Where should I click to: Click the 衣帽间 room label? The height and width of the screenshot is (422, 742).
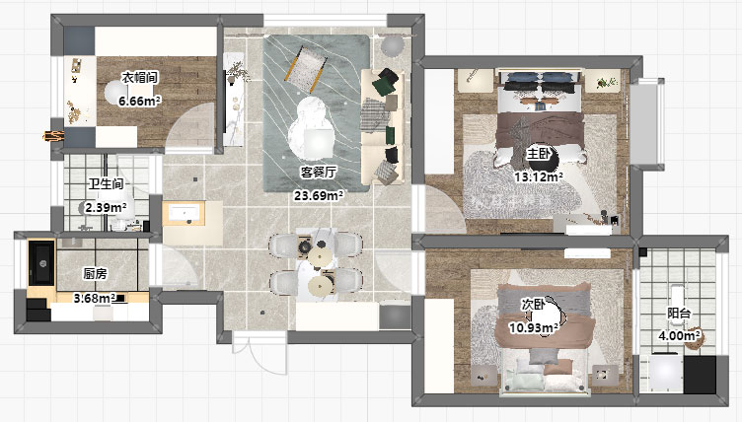139,77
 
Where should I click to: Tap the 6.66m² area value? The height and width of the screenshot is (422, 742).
139,101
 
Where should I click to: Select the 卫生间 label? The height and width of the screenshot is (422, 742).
106,183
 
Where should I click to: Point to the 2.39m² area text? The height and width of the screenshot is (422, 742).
106,207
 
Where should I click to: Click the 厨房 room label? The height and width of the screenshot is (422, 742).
95,273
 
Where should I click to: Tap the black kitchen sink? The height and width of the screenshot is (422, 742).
41,263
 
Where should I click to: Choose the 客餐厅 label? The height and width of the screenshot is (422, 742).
319,173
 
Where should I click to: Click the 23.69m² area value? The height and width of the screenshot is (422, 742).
319,195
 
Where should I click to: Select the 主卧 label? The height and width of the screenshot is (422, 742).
539,154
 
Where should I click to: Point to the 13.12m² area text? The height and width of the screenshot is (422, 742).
539,176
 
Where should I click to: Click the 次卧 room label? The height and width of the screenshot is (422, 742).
533,305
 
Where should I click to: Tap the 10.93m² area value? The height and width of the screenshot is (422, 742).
533,327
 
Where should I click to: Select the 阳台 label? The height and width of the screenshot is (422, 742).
679,314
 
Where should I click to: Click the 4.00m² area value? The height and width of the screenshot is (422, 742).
680,336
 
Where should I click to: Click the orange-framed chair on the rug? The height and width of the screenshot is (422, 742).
306,69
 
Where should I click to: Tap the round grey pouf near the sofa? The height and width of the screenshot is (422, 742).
393,46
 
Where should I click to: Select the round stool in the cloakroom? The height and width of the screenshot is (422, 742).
115,92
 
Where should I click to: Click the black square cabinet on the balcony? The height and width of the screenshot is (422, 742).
700,375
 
